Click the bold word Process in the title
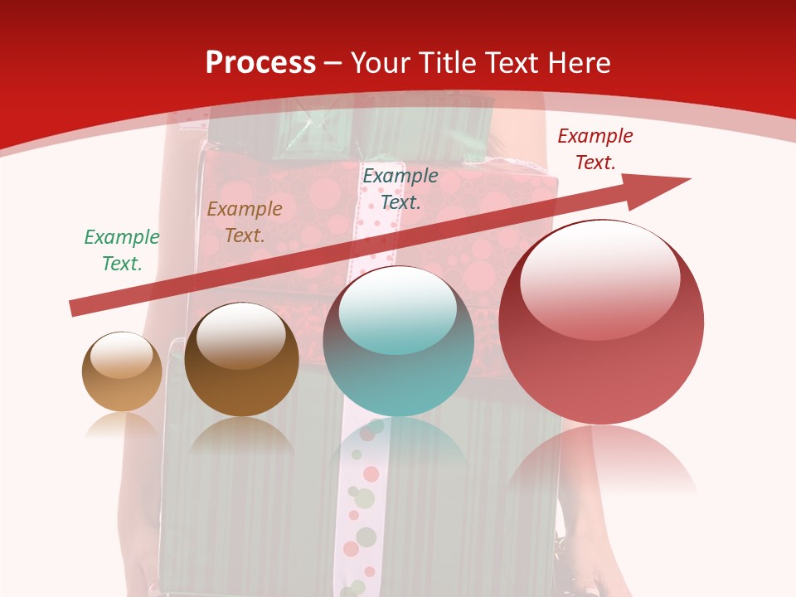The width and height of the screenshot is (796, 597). [x=260, y=63]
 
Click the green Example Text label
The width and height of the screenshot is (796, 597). [x=122, y=250]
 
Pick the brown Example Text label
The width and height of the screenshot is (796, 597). [x=245, y=222]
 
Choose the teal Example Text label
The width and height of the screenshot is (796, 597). [x=400, y=189]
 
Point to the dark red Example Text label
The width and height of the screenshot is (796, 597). [x=595, y=149]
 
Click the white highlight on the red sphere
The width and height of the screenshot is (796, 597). [x=600, y=280]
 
